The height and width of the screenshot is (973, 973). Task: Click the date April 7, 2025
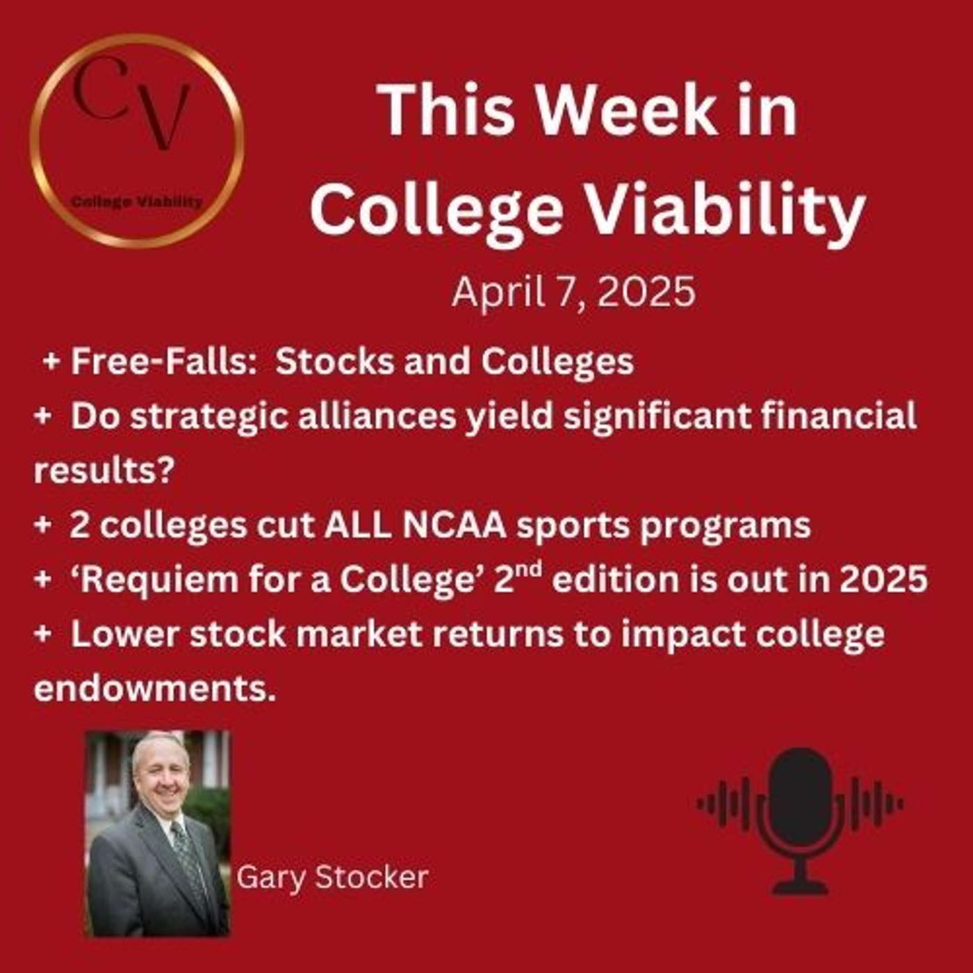click(573, 291)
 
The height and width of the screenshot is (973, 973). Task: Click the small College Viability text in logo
click(137, 202)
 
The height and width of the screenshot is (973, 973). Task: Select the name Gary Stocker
click(332, 877)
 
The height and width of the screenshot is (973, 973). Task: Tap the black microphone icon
click(801, 820)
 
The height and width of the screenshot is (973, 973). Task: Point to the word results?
click(103, 471)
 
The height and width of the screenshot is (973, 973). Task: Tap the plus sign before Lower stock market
click(42, 634)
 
